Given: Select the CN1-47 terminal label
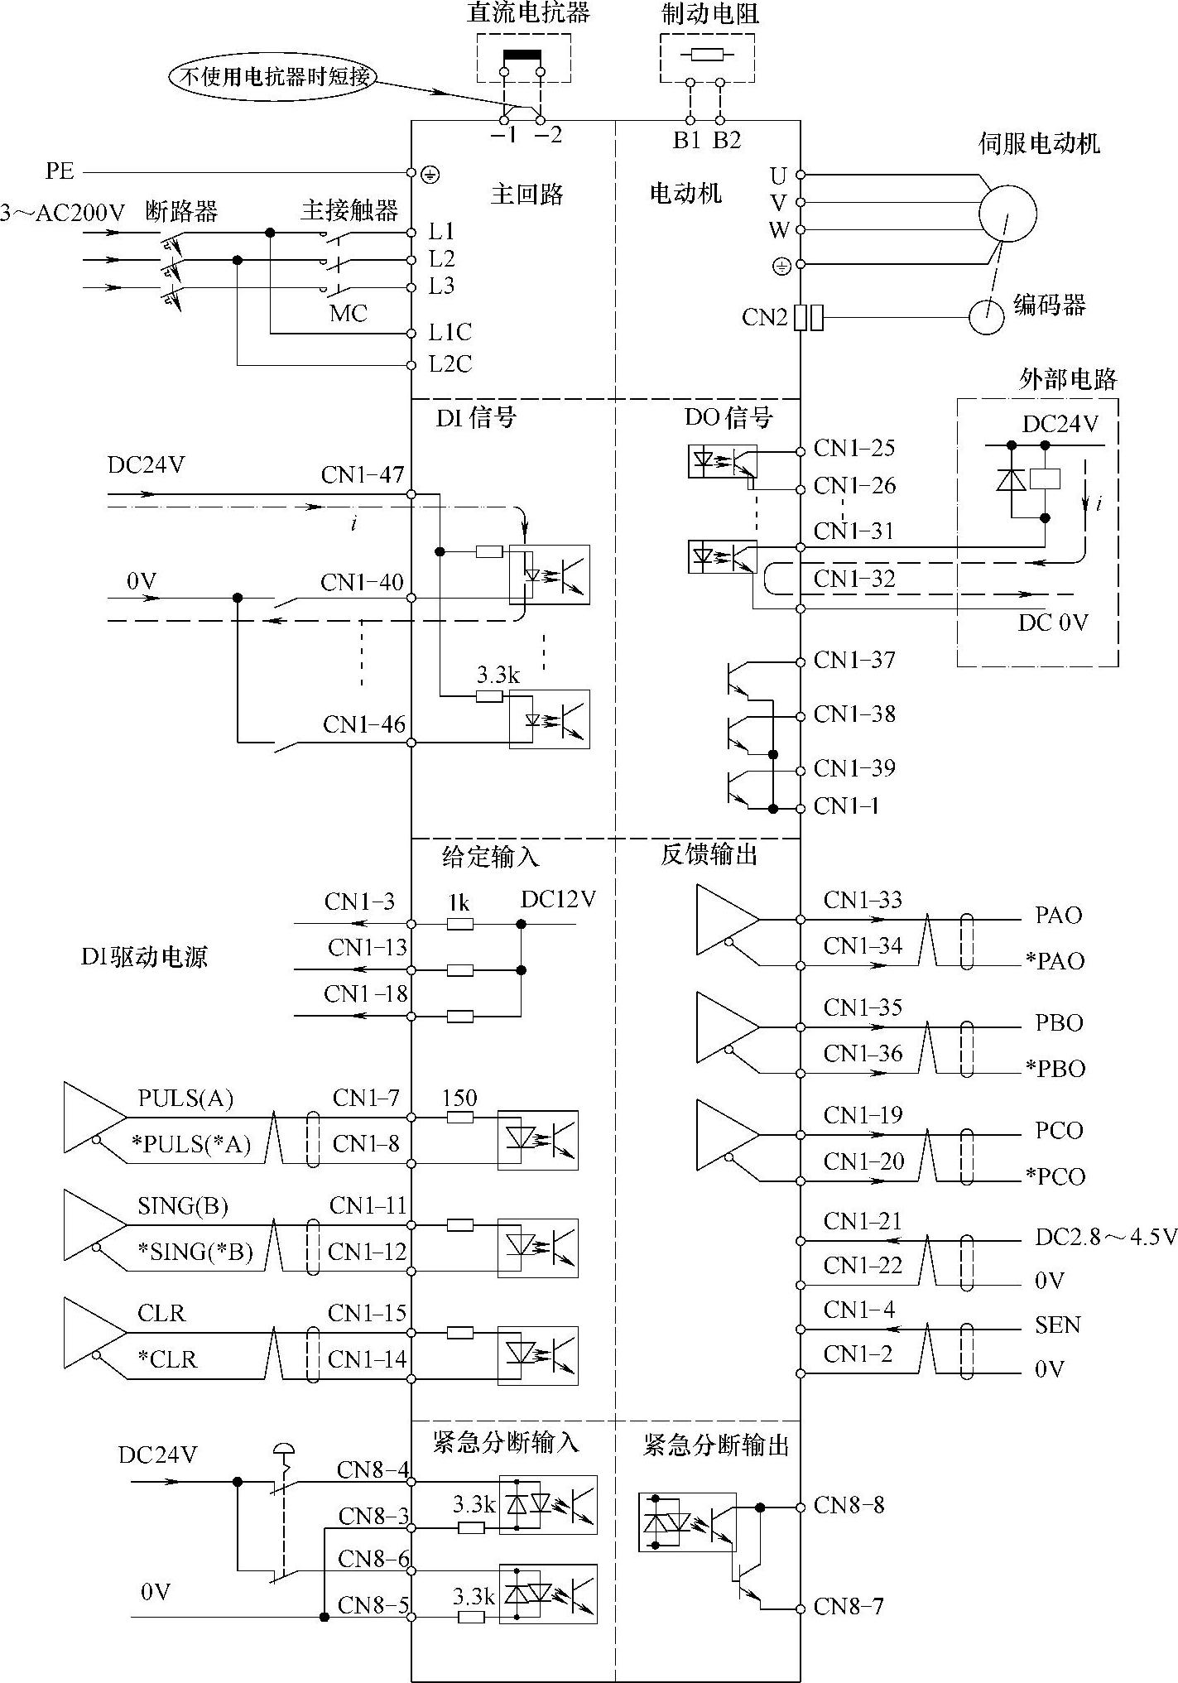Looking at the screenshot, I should click(363, 475).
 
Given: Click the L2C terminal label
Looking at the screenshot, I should click(450, 363).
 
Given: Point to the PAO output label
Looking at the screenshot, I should click(1059, 915).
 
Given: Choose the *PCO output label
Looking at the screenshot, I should click(1055, 1176).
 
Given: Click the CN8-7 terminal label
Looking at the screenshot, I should click(849, 1607).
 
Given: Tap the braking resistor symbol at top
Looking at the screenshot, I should click(707, 55).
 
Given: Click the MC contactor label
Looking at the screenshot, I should click(348, 314).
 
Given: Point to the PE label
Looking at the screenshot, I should click(60, 171).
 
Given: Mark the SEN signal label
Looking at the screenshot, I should click(1058, 1325).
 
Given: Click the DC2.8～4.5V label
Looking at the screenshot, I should click(1105, 1237).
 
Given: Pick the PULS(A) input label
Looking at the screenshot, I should click(185, 1099).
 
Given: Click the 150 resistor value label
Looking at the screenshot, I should click(459, 1099).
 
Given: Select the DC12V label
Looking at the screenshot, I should click(558, 900).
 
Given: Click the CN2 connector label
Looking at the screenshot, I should click(764, 318).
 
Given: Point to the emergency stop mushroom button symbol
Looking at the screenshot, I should click(283, 1449).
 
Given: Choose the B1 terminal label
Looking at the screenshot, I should click(686, 140).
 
